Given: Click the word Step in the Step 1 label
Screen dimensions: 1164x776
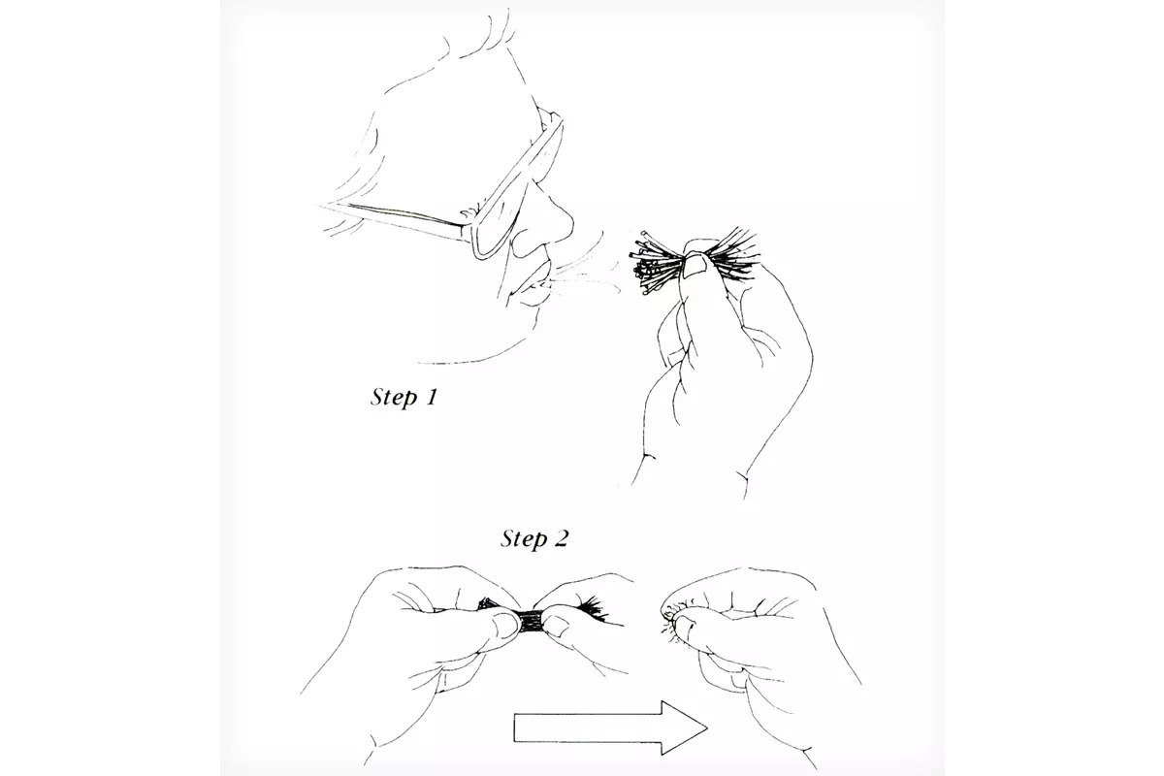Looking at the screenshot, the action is click(394, 398).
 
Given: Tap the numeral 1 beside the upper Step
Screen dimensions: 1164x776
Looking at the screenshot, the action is click(432, 397).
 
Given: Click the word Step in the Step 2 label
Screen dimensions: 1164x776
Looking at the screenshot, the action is click(524, 539).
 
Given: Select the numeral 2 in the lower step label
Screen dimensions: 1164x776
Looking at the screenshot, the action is click(562, 538).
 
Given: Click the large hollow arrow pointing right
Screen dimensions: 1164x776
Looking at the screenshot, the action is click(610, 727).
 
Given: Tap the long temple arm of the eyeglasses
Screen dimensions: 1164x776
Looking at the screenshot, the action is click(395, 220).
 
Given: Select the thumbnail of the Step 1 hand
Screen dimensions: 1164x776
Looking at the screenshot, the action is click(695, 267).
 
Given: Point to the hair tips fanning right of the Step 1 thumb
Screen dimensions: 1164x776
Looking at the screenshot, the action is click(732, 255).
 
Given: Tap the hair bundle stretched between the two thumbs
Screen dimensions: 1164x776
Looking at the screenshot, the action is click(531, 623).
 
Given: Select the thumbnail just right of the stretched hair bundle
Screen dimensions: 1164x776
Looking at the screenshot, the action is click(555, 626).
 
